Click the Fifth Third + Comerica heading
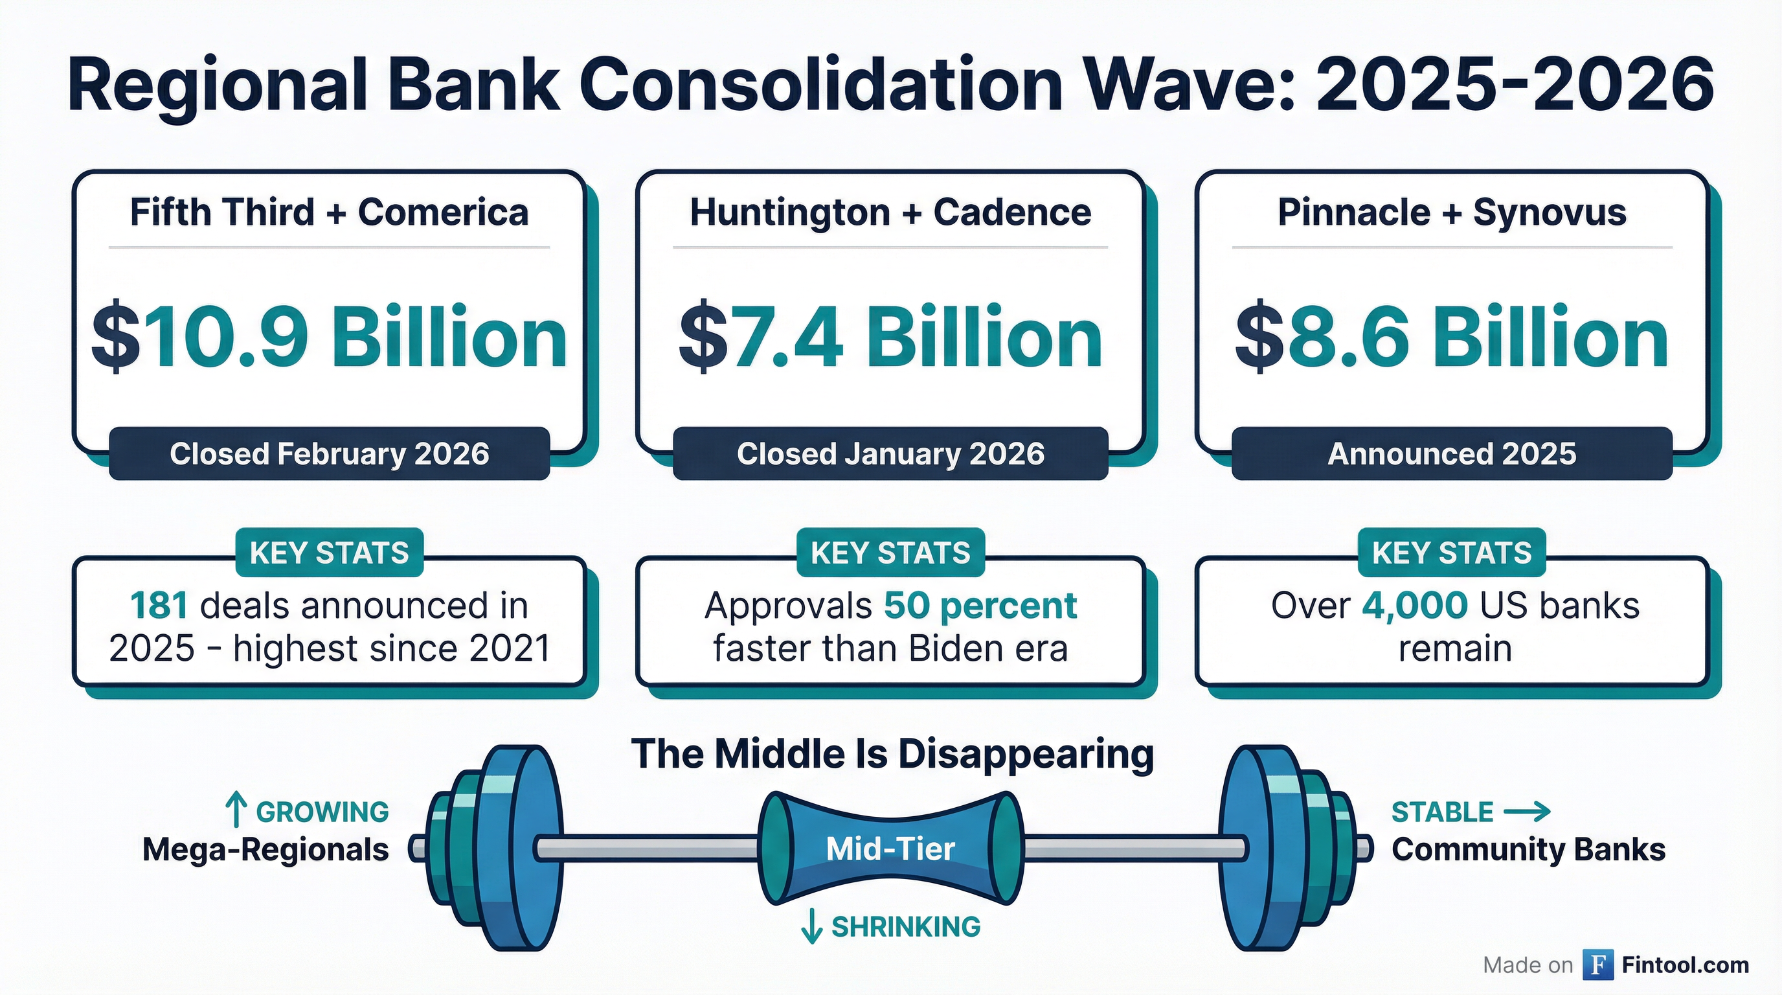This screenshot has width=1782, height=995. [330, 212]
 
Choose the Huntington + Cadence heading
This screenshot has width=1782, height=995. [890, 212]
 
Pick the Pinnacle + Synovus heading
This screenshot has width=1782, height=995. [1451, 212]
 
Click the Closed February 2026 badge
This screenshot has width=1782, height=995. [330, 454]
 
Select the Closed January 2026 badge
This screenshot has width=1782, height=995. [890, 454]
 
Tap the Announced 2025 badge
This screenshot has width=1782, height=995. [1451, 454]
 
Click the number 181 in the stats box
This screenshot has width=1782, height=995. [159, 606]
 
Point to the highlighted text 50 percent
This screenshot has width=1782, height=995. [980, 606]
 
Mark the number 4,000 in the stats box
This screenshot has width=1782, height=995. [1414, 606]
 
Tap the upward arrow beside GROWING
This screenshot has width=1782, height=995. [236, 810]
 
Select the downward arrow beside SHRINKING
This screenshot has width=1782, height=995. [811, 926]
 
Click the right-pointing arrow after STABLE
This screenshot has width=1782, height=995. [1528, 811]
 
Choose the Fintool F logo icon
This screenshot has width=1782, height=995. [1598, 965]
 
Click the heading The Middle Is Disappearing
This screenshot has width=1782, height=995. [892, 753]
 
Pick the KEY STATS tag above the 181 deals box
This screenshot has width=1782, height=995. [330, 553]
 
